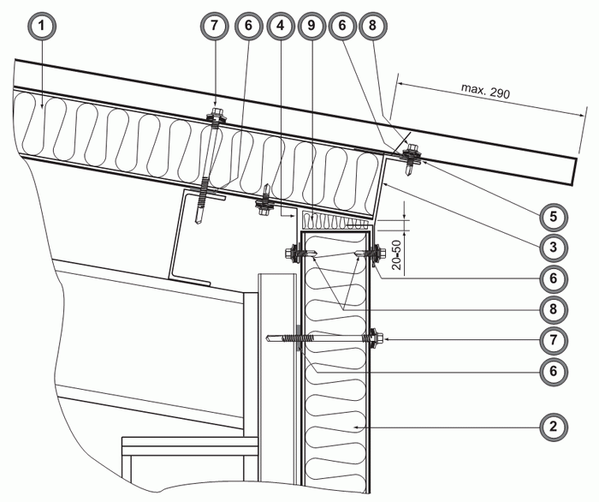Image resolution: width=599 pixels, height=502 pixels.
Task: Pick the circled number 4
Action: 279,26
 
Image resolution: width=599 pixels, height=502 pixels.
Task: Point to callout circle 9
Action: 311,26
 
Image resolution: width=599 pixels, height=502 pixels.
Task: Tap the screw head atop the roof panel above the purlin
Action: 214,113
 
